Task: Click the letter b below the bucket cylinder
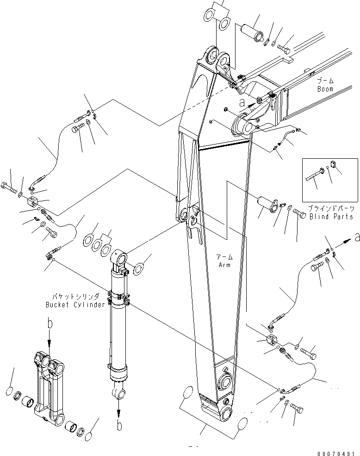[x=119, y=426]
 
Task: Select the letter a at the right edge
[x=356, y=237]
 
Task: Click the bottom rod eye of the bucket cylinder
[x=119, y=394]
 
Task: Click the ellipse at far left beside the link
[x=9, y=392]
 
